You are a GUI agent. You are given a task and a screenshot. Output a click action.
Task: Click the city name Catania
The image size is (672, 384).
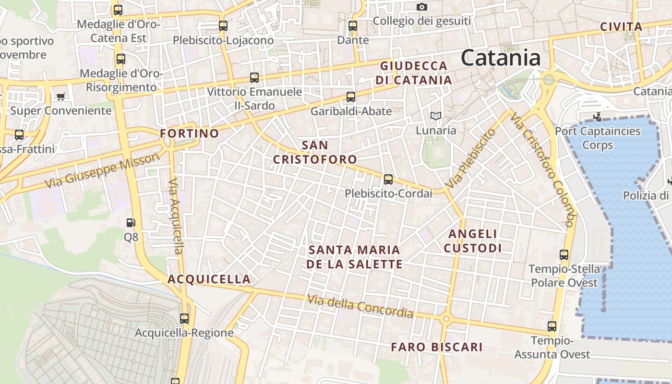[x=501, y=58]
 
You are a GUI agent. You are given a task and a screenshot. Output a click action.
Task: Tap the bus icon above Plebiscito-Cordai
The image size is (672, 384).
[x=388, y=180]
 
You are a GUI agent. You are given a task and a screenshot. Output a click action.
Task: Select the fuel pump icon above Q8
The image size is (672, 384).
[x=131, y=223]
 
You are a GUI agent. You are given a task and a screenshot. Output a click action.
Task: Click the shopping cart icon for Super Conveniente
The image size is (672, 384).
[x=60, y=96]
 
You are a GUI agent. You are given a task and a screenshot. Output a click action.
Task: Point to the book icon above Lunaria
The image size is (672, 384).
[x=436, y=116]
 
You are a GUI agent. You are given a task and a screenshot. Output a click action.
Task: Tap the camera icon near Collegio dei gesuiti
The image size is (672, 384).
[x=421, y=7]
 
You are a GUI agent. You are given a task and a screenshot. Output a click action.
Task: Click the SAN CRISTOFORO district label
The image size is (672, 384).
[x=315, y=152]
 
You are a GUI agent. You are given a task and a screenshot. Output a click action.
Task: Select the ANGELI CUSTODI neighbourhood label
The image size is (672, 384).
[x=473, y=241]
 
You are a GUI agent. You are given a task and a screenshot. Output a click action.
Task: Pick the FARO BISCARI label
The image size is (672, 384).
[x=436, y=347]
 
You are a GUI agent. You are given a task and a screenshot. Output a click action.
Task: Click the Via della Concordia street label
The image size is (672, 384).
[x=360, y=306]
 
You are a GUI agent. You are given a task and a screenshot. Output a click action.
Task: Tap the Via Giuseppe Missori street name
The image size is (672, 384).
[x=102, y=170]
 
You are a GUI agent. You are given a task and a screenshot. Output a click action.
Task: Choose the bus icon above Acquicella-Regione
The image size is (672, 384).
[x=184, y=318]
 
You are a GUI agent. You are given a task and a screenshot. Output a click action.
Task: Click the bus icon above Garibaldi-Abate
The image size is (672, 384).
[x=351, y=97]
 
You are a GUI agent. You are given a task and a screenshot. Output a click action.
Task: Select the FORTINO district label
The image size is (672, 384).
[x=190, y=133]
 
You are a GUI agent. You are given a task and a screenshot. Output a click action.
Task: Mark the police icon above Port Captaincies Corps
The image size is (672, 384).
[x=598, y=117]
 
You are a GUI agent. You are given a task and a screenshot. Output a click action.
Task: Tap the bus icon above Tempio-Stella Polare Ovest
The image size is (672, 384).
[x=564, y=255]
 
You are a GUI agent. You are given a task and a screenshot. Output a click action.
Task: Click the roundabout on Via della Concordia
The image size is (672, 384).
[x=446, y=318]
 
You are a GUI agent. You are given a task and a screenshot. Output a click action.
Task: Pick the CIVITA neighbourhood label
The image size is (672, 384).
[x=621, y=27]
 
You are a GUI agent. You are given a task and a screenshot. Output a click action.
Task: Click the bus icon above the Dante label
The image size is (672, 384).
[x=353, y=26]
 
